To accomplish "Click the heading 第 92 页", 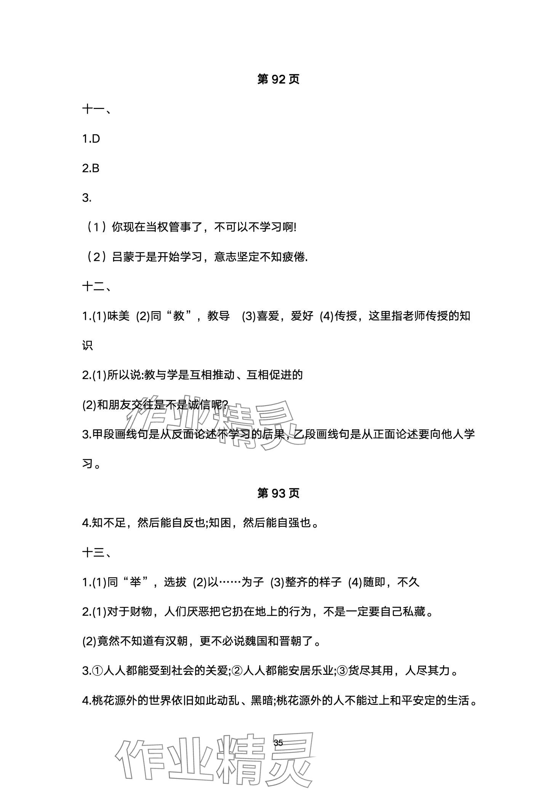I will click(278, 79).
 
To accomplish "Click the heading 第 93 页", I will click(278, 493).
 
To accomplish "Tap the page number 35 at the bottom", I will click(278, 743).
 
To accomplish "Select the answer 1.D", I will click(91, 139).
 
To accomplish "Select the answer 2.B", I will click(91, 168).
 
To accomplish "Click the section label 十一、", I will click(97, 109).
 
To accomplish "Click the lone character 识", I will click(87, 346).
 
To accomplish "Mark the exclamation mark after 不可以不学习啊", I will click(295, 228).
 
